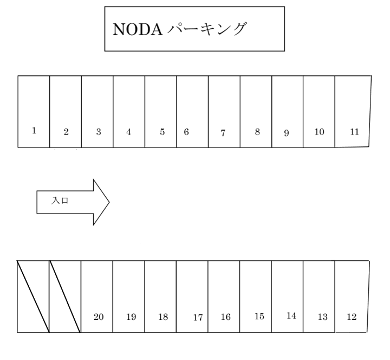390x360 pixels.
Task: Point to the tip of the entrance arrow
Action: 109,202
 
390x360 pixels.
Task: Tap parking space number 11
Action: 353,111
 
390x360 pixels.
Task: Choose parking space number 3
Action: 97,111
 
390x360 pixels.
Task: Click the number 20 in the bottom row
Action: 99,317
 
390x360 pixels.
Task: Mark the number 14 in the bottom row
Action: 291,316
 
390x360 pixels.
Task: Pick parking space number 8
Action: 256,111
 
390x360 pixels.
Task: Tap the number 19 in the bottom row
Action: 131,317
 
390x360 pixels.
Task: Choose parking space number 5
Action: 161,111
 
